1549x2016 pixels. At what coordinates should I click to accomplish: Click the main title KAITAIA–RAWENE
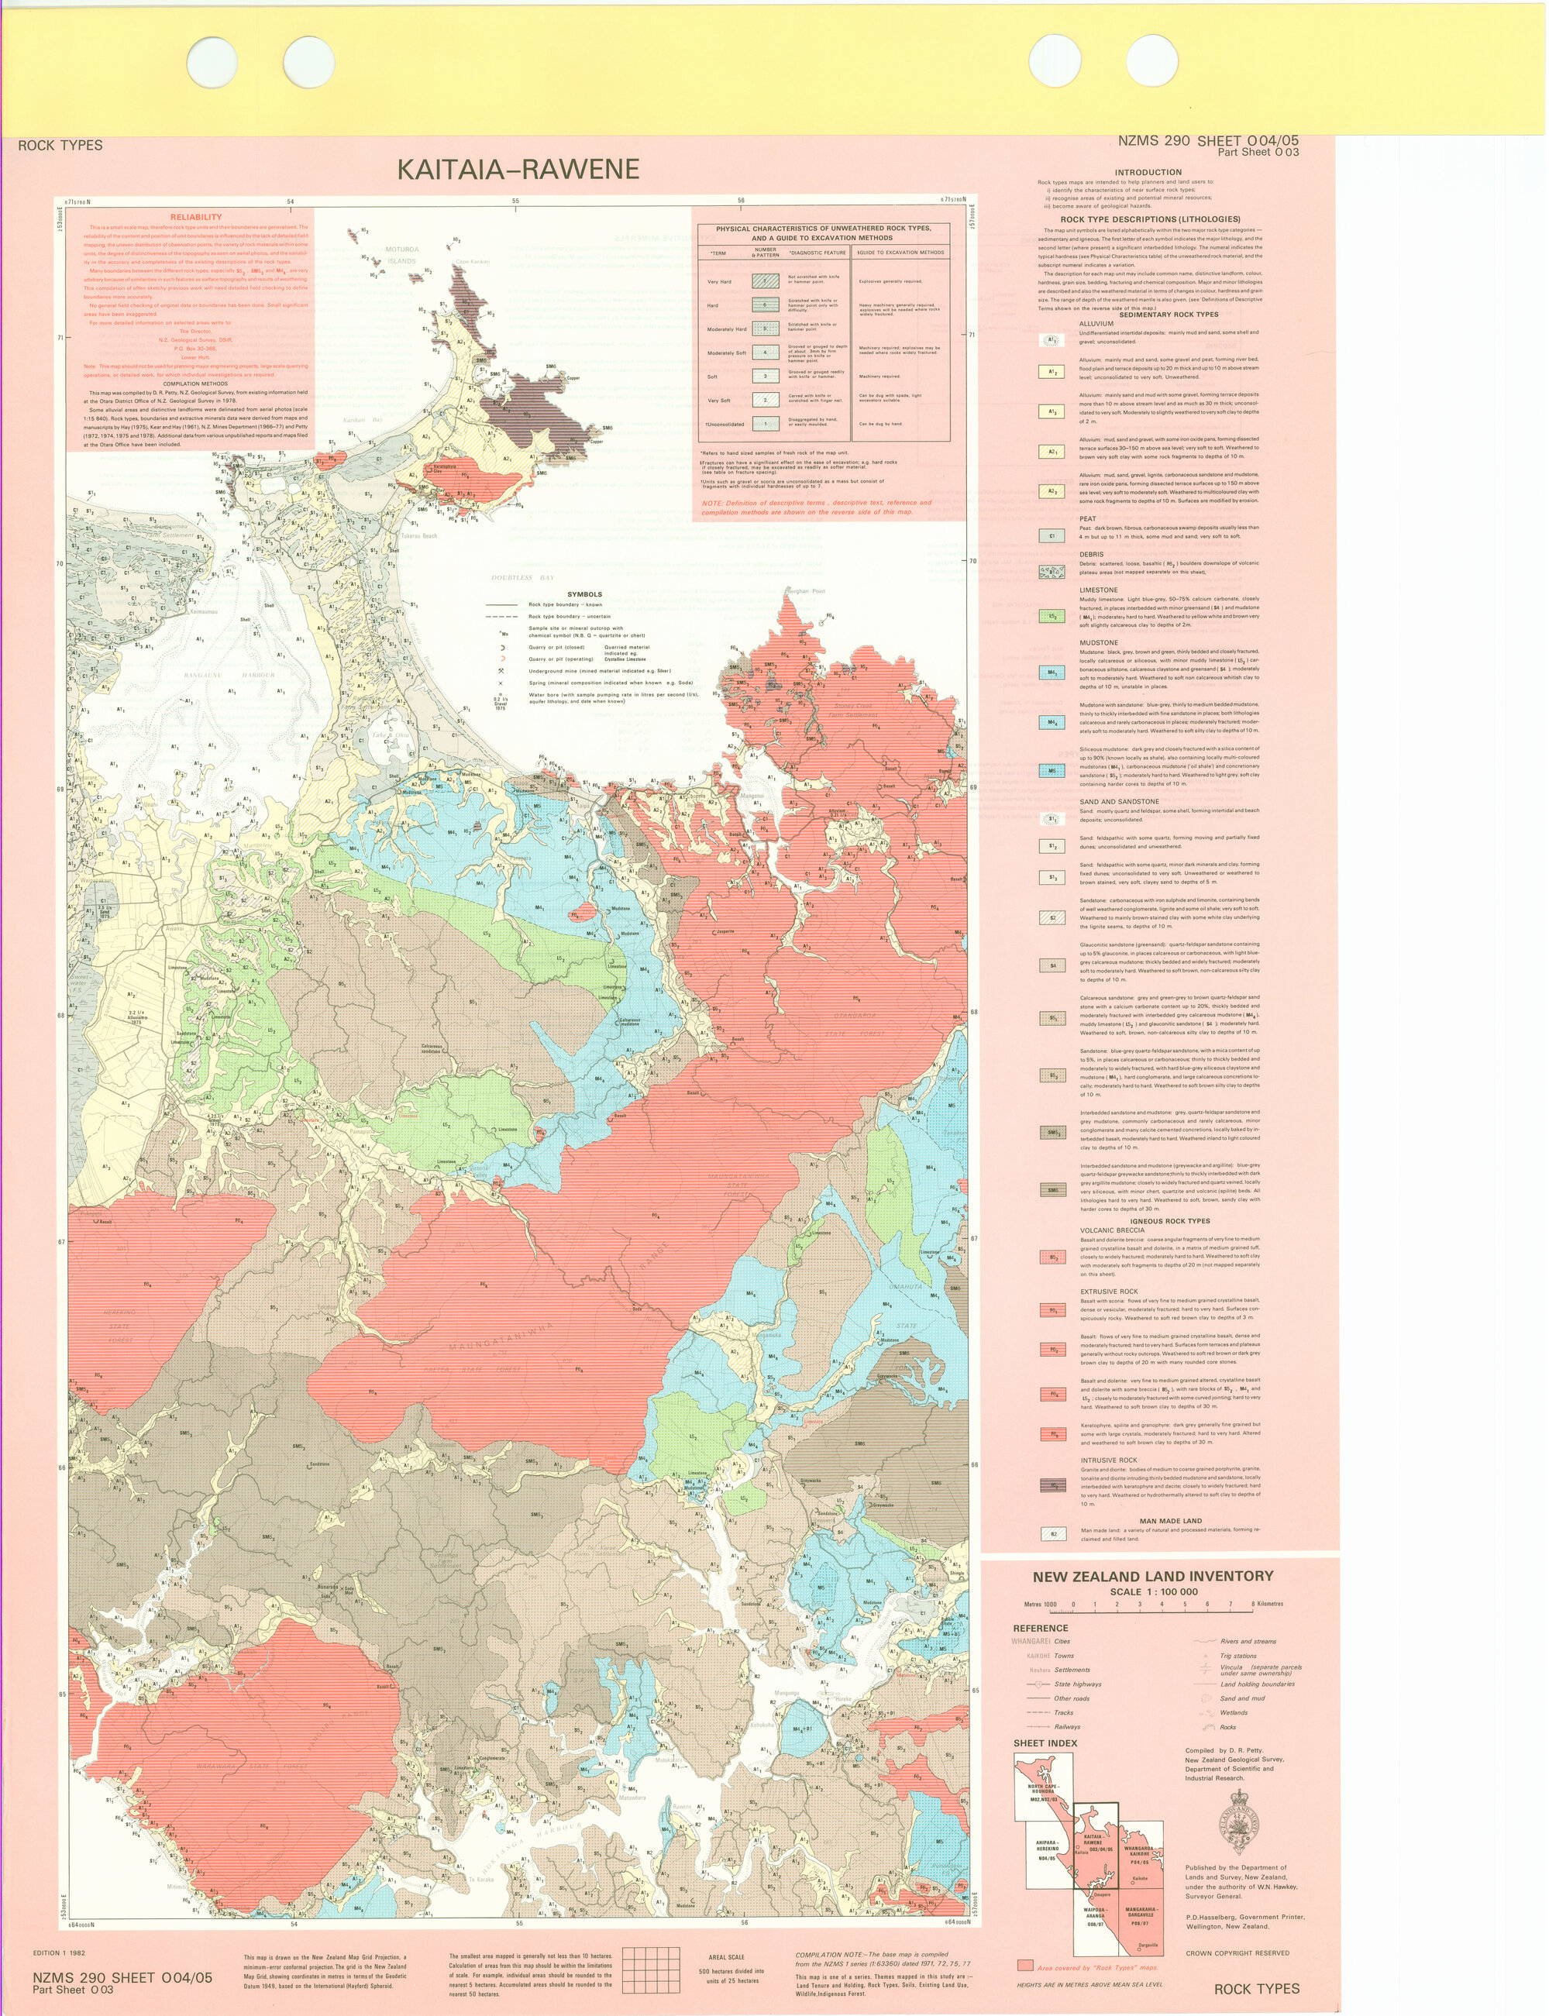(x=518, y=170)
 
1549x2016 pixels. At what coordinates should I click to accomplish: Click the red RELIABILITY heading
(x=195, y=218)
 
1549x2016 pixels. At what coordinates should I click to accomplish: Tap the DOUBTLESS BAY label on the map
(x=524, y=578)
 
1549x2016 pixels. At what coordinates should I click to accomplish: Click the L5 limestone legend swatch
(x=1052, y=617)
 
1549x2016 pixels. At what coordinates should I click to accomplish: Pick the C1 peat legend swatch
(x=1052, y=535)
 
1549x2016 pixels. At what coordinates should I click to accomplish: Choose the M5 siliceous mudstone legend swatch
(x=1052, y=769)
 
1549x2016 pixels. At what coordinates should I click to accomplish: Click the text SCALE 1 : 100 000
(x=1154, y=1592)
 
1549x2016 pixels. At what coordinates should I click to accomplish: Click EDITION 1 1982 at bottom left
(x=59, y=1952)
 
